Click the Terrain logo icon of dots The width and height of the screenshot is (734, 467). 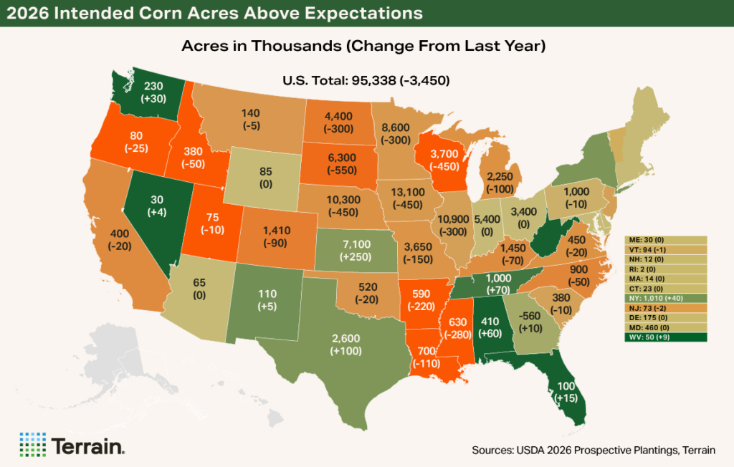pyautogui.click(x=32, y=444)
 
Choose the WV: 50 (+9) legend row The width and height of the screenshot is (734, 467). pyautogui.click(x=667, y=336)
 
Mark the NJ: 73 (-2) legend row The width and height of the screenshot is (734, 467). pyautogui.click(x=667, y=306)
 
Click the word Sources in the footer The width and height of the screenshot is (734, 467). pyautogui.click(x=492, y=449)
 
